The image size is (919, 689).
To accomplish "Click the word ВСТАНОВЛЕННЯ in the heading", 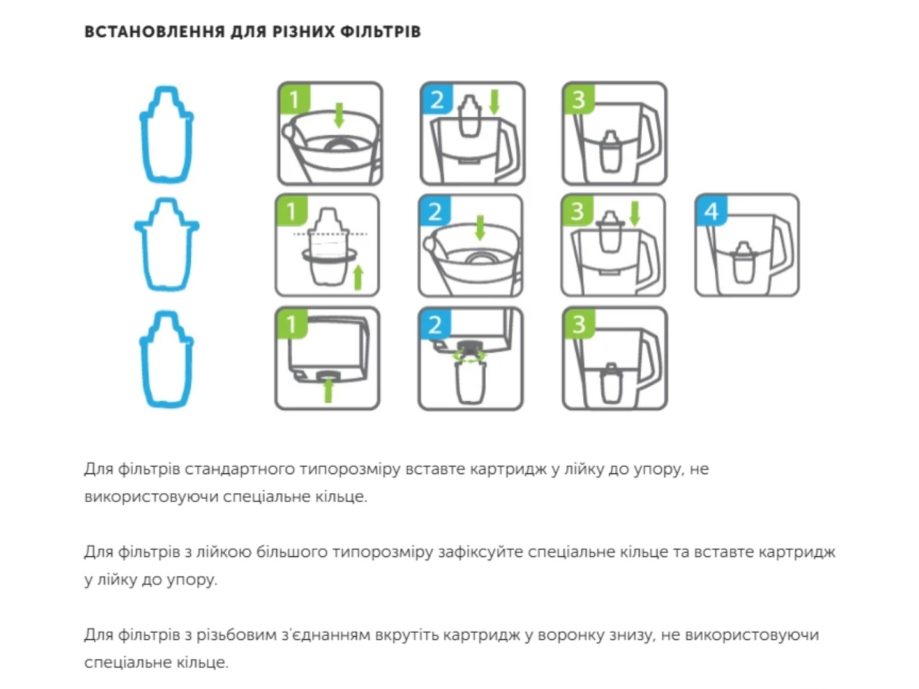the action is (154, 32).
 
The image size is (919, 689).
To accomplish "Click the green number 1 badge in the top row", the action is (294, 99).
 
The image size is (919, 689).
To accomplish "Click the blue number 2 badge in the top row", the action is (437, 99).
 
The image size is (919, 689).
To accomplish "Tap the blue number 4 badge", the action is (711, 211).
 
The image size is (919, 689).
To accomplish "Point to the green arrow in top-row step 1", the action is (339, 115).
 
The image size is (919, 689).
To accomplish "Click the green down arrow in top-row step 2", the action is (495, 101).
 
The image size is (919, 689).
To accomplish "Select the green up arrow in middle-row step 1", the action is (358, 277).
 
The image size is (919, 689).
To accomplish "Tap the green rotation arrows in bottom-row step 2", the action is (470, 356).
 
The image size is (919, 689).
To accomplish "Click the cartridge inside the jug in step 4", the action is (743, 263).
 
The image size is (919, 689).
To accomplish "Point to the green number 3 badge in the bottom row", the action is (579, 323).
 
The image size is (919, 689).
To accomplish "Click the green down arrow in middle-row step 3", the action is (635, 214).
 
